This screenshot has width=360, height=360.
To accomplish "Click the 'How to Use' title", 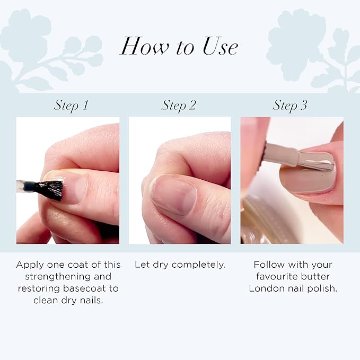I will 179,47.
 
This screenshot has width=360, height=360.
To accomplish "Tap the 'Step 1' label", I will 71,105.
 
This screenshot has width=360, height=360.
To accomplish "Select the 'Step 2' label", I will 179,105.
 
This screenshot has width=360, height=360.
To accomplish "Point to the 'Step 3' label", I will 290,105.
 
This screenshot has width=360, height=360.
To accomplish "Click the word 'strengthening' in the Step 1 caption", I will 68,276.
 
